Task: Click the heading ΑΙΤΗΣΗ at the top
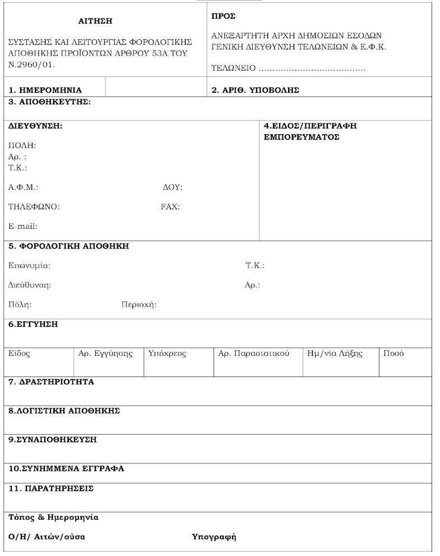(95, 21)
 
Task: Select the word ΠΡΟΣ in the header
(223, 16)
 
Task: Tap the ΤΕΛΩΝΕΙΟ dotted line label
(233, 68)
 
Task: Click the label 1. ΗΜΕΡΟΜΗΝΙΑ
(45, 90)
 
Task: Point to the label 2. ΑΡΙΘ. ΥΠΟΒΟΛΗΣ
(255, 90)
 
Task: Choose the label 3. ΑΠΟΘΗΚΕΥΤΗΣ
(49, 102)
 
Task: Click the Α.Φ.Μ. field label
(23, 187)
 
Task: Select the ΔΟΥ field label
(172, 187)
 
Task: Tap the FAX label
(170, 206)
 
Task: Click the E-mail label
(22, 227)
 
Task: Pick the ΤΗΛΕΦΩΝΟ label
(34, 206)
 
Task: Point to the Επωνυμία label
(29, 265)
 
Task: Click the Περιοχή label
(138, 305)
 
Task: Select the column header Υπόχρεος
(167, 353)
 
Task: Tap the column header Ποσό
(393, 353)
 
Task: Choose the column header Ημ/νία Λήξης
(335, 353)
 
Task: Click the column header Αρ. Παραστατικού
(253, 353)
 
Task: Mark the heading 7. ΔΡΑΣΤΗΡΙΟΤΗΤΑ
(51, 382)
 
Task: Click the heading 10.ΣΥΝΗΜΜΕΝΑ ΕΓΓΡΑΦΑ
(66, 468)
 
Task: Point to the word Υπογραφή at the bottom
(214, 537)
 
